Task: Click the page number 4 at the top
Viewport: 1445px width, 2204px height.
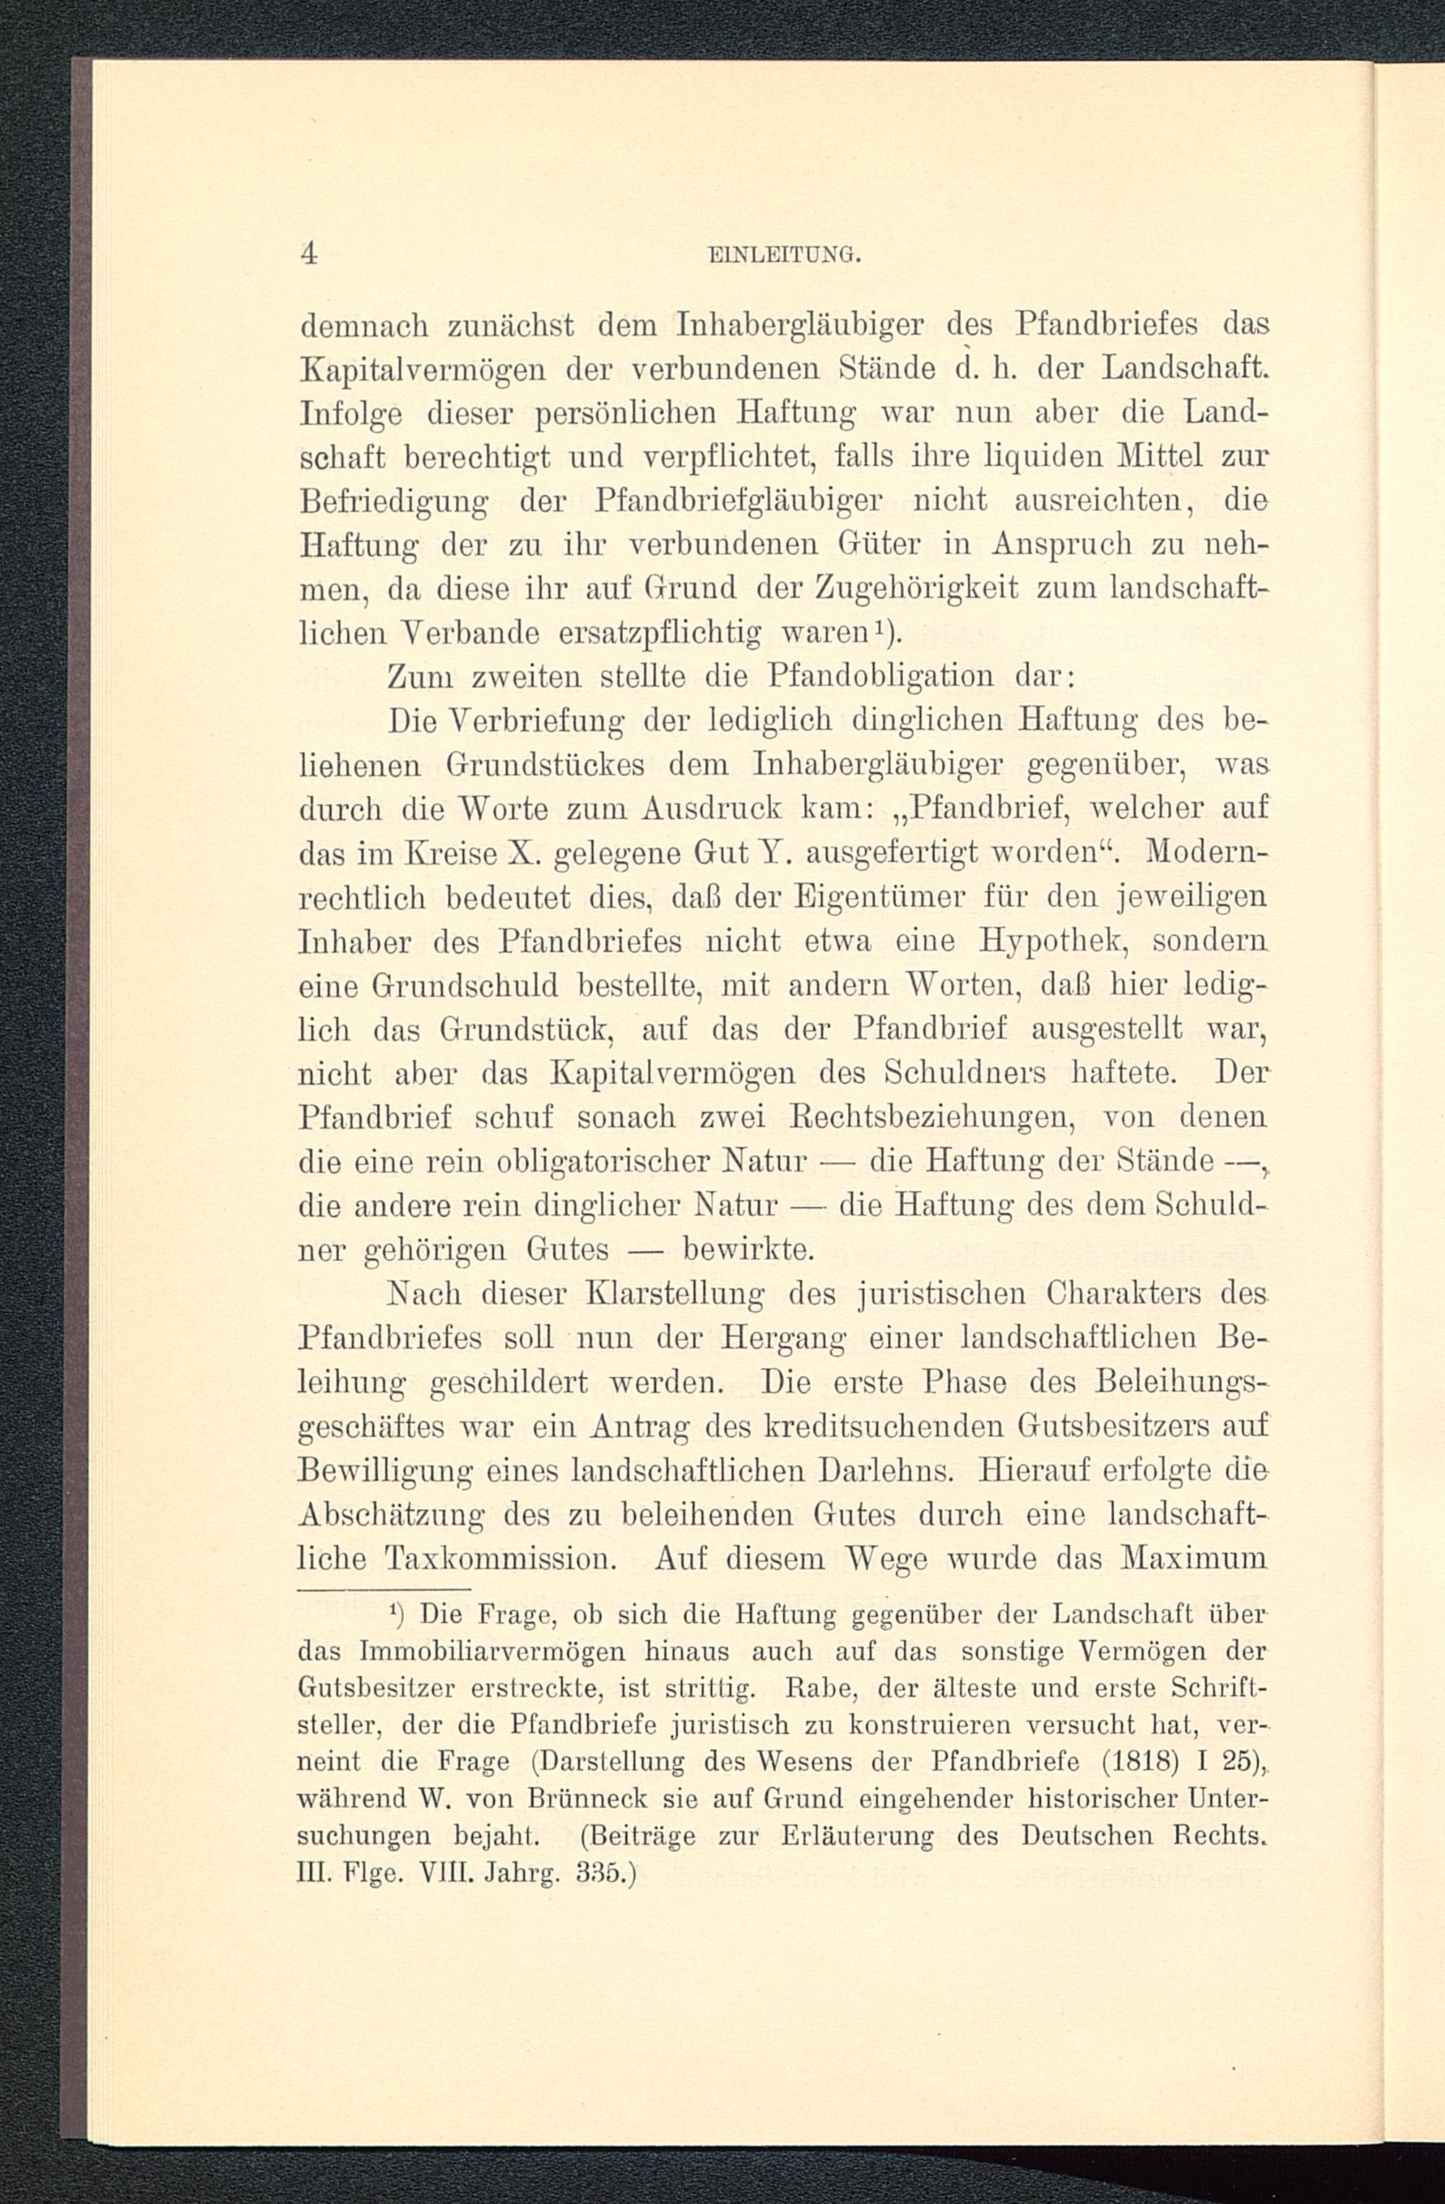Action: coord(309,253)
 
